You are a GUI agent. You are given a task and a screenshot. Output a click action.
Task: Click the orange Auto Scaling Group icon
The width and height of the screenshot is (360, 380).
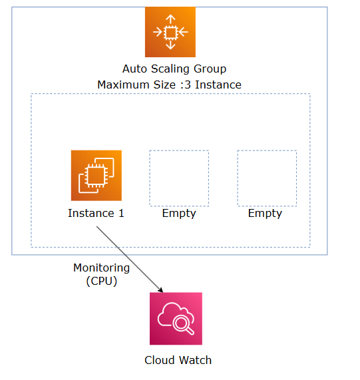tap(170, 32)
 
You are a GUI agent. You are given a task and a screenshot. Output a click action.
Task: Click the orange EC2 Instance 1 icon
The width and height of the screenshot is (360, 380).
tap(96, 175)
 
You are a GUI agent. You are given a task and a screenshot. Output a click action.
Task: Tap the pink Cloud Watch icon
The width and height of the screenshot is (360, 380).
tap(176, 318)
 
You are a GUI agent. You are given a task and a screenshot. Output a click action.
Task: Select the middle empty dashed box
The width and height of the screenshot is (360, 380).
tap(179, 178)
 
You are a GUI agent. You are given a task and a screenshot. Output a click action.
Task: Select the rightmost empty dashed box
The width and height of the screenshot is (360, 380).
tap(267, 178)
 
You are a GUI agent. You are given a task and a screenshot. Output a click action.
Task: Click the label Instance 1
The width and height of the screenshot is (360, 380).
tap(96, 214)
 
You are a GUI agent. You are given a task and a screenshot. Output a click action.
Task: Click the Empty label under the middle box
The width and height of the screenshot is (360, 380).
tap(179, 214)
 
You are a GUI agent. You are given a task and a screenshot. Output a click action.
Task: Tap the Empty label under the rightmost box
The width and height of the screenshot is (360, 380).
tap(265, 214)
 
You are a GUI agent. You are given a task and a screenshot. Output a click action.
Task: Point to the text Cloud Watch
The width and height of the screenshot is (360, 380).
tap(178, 360)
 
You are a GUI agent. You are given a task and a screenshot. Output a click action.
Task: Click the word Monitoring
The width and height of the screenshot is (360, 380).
tap(101, 268)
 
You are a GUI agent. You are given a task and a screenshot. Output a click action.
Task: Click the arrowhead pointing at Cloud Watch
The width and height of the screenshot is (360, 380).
tap(160, 289)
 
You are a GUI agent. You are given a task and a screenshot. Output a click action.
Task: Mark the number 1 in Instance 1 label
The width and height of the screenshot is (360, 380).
tap(121, 214)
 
